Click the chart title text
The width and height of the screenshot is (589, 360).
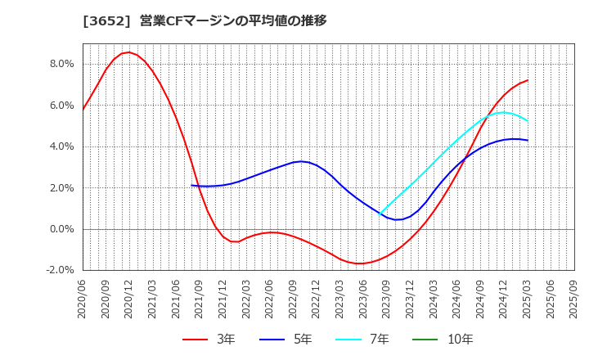click(205, 20)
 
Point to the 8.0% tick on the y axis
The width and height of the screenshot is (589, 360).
click(62, 64)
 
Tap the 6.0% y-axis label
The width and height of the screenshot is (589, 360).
click(62, 106)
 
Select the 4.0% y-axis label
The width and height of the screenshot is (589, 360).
click(62, 146)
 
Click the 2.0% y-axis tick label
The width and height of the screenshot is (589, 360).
click(62, 188)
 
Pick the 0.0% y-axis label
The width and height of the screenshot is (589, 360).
click(62, 229)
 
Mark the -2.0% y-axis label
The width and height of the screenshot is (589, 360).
click(61, 270)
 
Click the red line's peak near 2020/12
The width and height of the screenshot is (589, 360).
click(128, 52)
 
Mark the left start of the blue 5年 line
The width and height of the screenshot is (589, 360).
click(191, 185)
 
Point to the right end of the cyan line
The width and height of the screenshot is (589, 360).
click(528, 121)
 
